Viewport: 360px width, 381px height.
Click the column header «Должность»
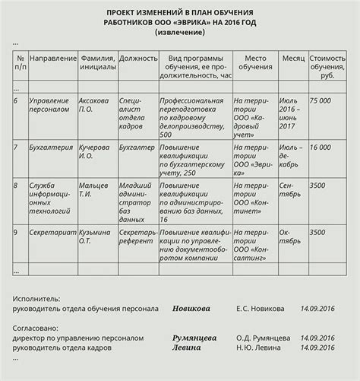pos(138,59)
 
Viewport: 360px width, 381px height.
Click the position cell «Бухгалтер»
pos(137,147)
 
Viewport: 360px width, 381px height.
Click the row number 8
pos(16,185)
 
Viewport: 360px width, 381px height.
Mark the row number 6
pos(16,100)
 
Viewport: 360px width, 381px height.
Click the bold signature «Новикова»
pos(193,309)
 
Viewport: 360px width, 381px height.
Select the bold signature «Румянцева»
pos(194,338)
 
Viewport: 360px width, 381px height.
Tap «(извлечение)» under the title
pos(179,34)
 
